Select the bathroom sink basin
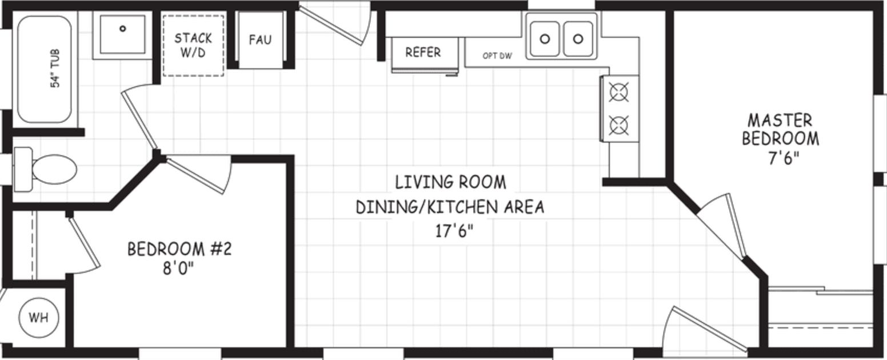click(x=122, y=34)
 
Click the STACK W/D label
click(x=193, y=45)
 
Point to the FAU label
click(x=260, y=40)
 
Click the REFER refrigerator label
click(x=423, y=53)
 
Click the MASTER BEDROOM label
click(x=780, y=130)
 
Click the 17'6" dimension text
click(x=450, y=231)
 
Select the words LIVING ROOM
click(x=450, y=182)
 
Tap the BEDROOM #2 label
click(x=179, y=249)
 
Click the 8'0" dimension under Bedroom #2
click(x=178, y=269)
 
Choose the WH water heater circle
click(x=39, y=317)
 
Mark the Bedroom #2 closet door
click(x=84, y=243)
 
